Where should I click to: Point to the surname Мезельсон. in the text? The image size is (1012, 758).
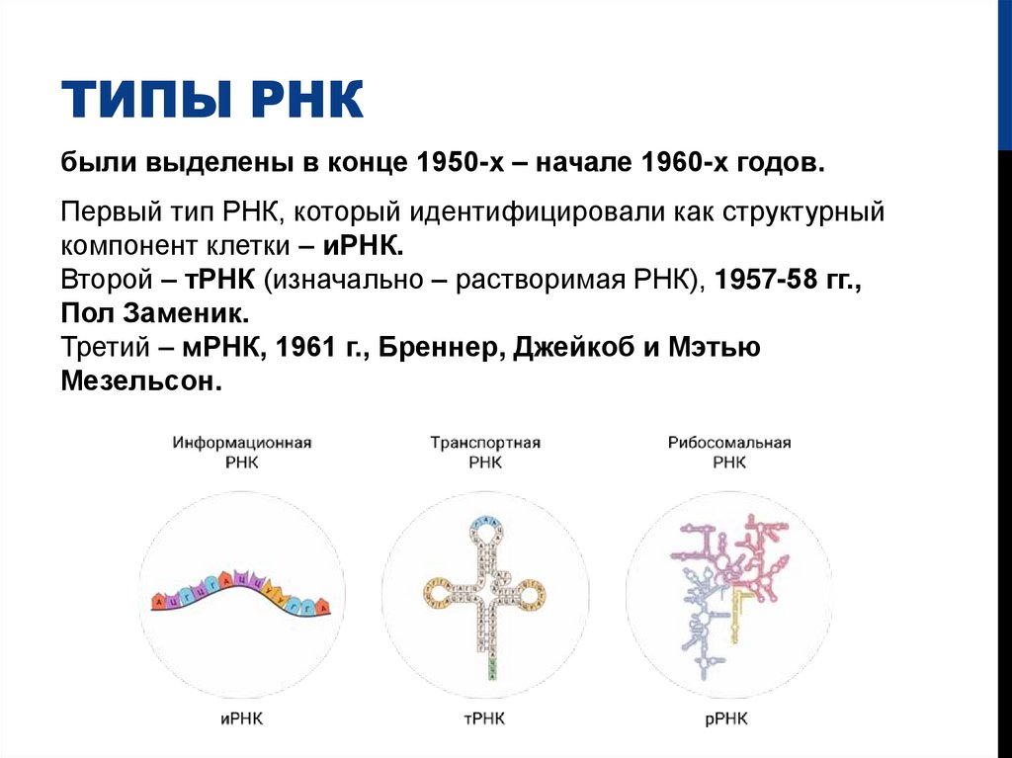[140, 382]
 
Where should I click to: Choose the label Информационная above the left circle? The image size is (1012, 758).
[242, 443]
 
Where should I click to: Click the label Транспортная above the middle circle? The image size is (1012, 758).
[485, 443]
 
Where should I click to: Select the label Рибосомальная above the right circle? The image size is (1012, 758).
[729, 443]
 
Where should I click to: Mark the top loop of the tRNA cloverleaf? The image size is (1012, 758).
[485, 528]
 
